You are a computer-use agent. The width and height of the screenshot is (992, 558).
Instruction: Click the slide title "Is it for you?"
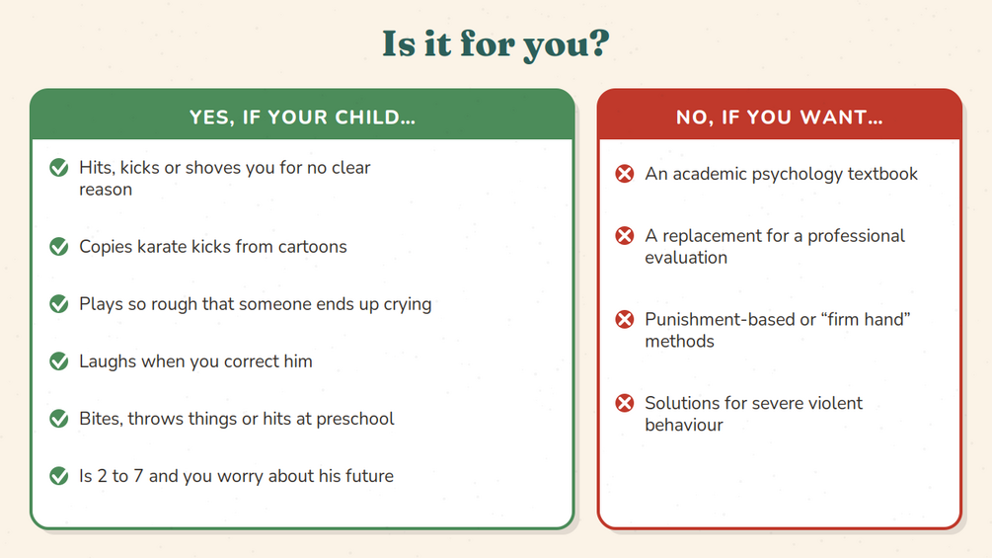coord(496,44)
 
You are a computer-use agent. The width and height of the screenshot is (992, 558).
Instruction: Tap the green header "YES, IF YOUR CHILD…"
coord(302,118)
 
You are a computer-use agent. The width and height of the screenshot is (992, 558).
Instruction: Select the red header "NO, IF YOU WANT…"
coord(780,118)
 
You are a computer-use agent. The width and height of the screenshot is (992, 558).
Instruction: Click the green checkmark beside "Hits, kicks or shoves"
coord(59,168)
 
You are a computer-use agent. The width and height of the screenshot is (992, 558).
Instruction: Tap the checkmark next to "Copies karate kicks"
coord(59,246)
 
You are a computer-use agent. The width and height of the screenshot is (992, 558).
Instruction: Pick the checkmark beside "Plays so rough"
coord(59,303)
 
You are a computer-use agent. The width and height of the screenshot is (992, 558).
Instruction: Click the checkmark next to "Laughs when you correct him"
coord(59,361)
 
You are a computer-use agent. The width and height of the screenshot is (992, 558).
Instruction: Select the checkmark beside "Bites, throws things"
coord(59,418)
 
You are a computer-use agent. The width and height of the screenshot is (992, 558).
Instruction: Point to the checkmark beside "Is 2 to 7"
coord(59,476)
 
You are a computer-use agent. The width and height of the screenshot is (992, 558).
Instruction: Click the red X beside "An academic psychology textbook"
coord(625,174)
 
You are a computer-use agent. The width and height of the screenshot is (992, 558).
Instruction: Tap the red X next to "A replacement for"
coord(625,235)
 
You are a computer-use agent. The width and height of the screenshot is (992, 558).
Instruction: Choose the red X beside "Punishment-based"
coord(625,319)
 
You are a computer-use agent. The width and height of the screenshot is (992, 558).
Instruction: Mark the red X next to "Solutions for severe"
coord(625,403)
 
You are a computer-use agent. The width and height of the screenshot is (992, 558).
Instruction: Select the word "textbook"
coord(882,174)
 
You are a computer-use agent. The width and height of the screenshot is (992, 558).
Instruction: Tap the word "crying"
coord(408,305)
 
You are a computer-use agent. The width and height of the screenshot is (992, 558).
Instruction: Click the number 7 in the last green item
coord(138,476)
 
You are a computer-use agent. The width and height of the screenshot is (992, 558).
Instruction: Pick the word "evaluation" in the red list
coord(686,258)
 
